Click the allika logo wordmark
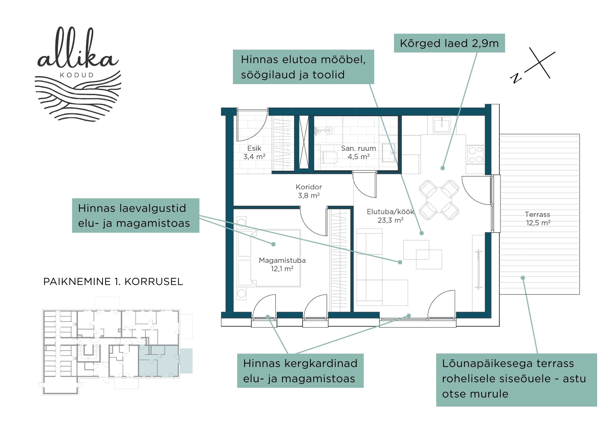point(78,49)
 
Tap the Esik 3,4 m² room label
point(254,152)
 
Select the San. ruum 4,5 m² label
point(358,152)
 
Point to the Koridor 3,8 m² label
point(309,191)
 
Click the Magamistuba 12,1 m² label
point(282,264)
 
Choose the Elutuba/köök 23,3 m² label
point(390,216)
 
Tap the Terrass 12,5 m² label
point(538,219)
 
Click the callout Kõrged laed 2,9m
point(449,43)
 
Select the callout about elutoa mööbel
point(303,67)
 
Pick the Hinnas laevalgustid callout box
point(136,215)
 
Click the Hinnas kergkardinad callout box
point(300,371)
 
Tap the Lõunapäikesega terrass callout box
point(516,380)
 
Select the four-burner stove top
point(475,155)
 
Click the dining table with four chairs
point(439,200)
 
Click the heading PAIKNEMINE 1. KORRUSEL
point(113,281)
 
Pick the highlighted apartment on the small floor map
point(159,361)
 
